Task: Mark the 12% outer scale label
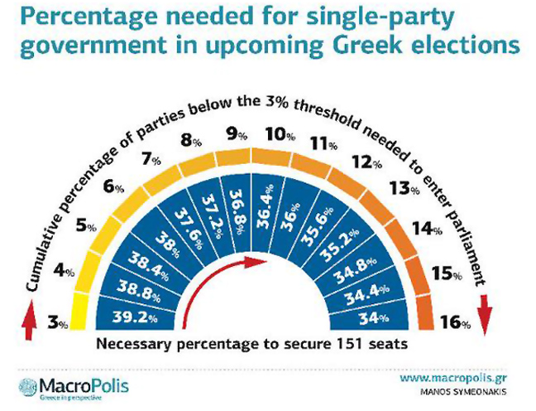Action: click(x=361, y=162)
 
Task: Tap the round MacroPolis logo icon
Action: click(x=29, y=386)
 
